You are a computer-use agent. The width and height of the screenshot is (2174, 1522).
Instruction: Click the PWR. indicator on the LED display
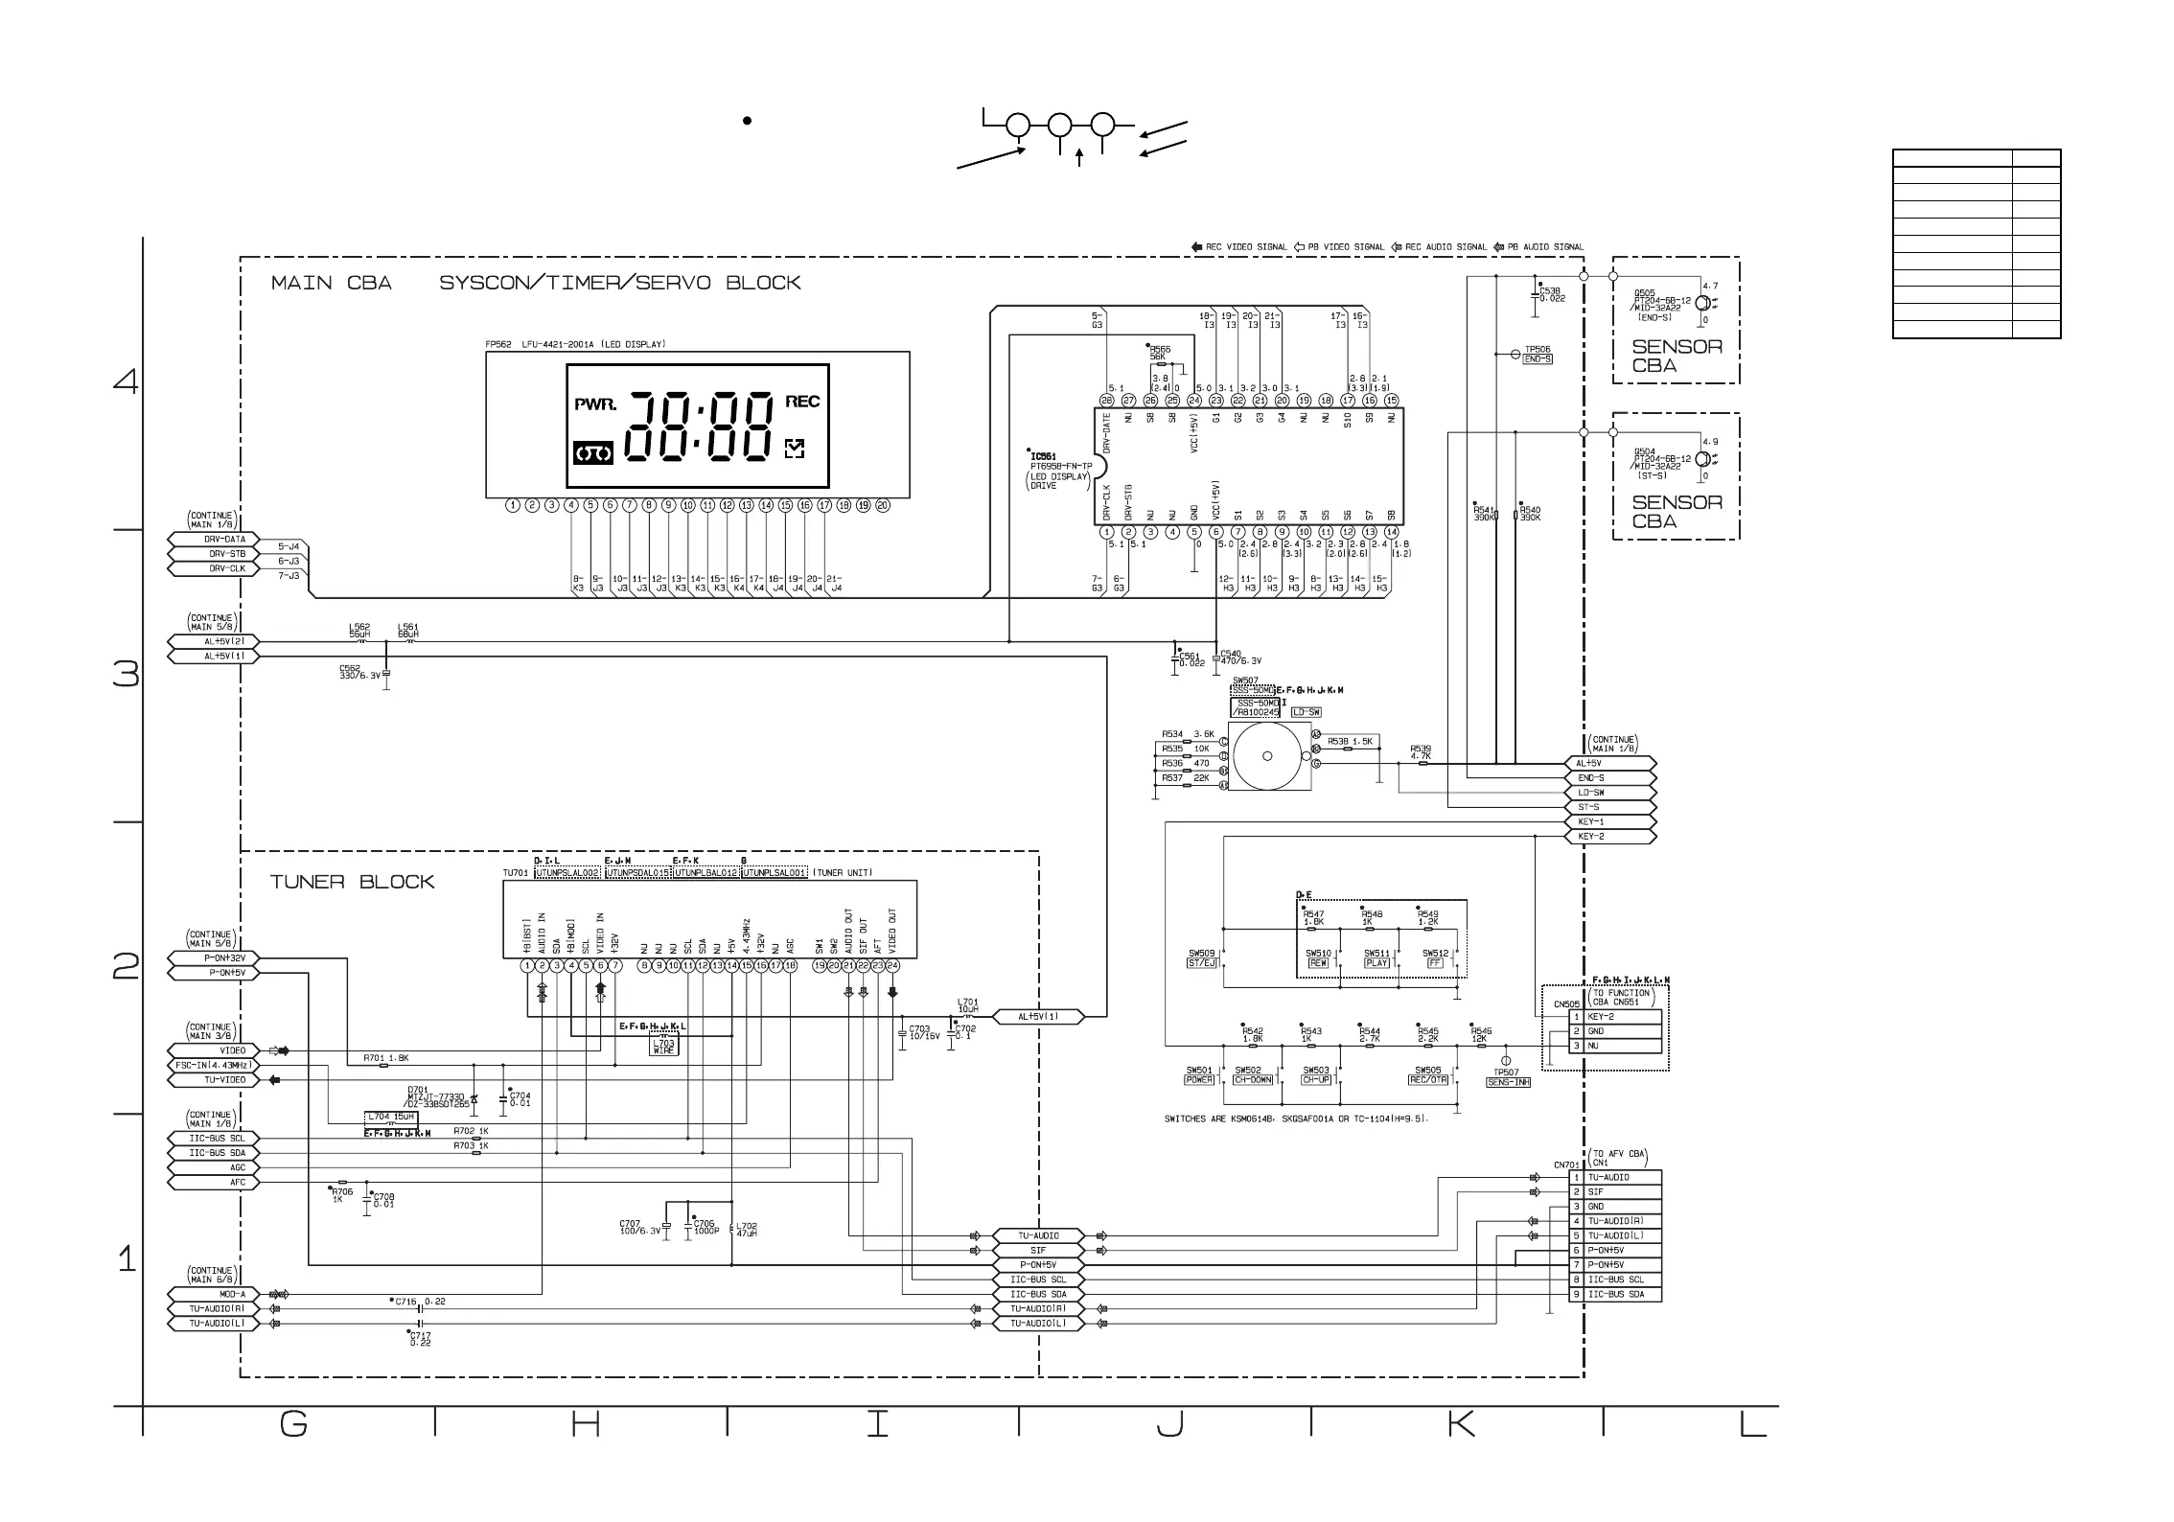coord(594,404)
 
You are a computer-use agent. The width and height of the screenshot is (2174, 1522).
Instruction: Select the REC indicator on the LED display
coord(802,402)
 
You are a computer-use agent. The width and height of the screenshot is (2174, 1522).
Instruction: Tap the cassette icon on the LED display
coord(593,453)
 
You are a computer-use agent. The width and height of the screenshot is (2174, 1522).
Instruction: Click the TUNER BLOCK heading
coord(352,882)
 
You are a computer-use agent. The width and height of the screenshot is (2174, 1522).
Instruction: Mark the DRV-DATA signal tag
coord(218,540)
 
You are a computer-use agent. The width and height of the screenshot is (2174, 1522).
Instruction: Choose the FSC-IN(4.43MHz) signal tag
coord(213,1065)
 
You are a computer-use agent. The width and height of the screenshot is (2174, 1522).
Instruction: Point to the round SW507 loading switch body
coord(1266,756)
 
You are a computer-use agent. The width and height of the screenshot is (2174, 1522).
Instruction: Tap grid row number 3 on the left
coord(126,675)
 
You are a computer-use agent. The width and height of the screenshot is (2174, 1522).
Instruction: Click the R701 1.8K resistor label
coord(385,1058)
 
